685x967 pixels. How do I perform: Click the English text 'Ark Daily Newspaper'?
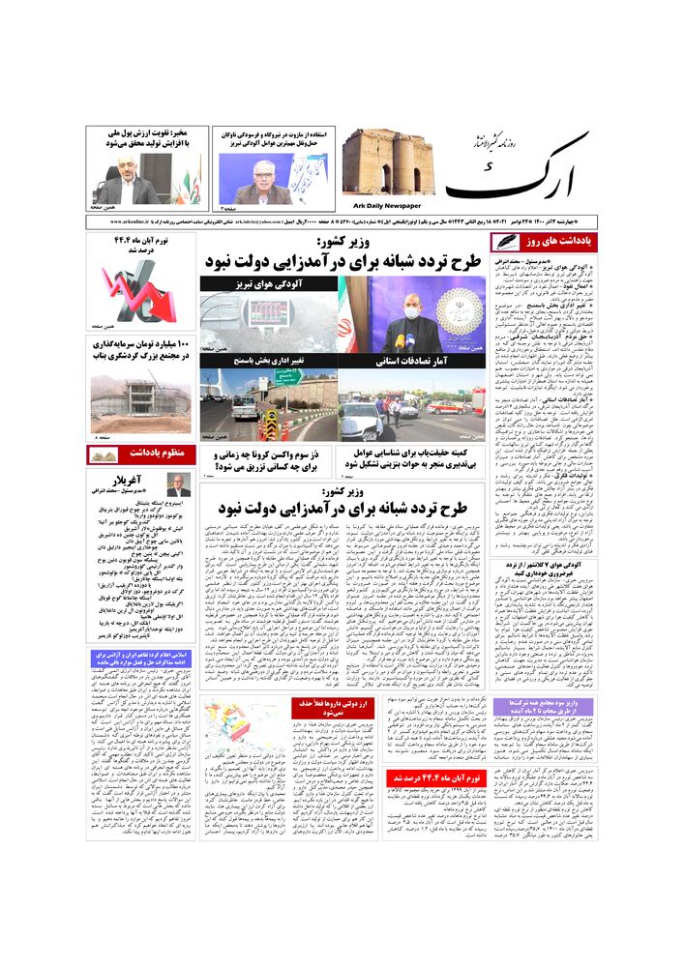point(382,205)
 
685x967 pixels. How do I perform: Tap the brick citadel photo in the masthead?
point(388,162)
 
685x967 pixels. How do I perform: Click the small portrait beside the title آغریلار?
point(177,484)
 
